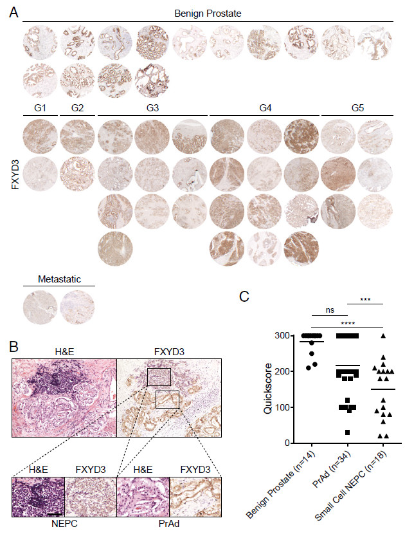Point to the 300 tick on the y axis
[x=281, y=336]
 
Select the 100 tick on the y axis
[x=281, y=407]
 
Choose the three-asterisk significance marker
[x=364, y=299]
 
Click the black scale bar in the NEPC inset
[x=54, y=513]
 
